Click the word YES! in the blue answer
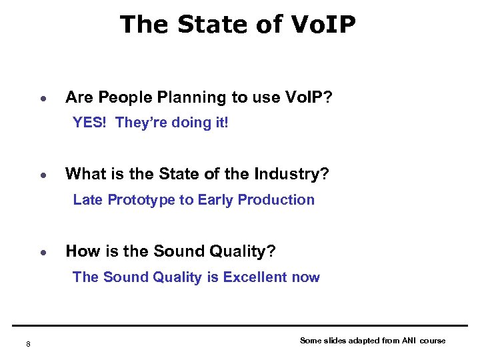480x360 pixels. pos(91,123)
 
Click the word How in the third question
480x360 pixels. pos(80,251)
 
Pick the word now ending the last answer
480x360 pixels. pos(306,278)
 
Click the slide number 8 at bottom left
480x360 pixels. pos(28,344)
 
